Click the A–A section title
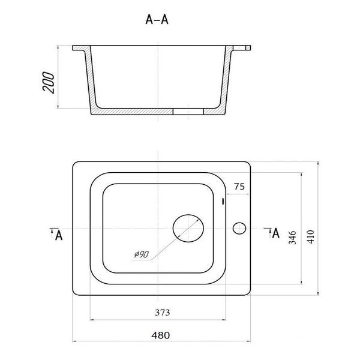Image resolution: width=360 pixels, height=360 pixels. [x=157, y=20]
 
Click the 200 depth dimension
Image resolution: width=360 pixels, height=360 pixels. [x=49, y=82]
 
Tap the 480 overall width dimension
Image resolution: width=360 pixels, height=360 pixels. [x=161, y=335]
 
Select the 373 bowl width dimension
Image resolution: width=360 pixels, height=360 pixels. [x=163, y=313]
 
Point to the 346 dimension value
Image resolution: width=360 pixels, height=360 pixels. [x=292, y=238]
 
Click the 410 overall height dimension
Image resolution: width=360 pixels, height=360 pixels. [x=310, y=237]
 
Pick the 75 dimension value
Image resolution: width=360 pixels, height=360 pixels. [x=239, y=187]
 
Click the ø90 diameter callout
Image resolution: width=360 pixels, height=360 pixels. [x=142, y=254]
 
